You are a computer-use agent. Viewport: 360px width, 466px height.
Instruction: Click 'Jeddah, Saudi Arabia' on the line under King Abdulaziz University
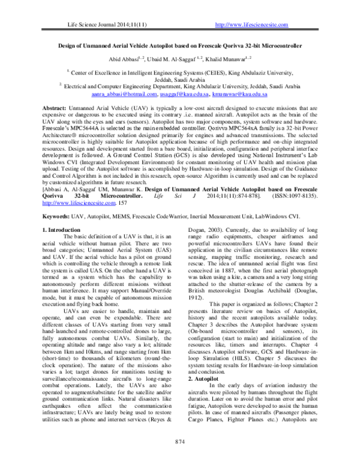[x=179, y=79]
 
